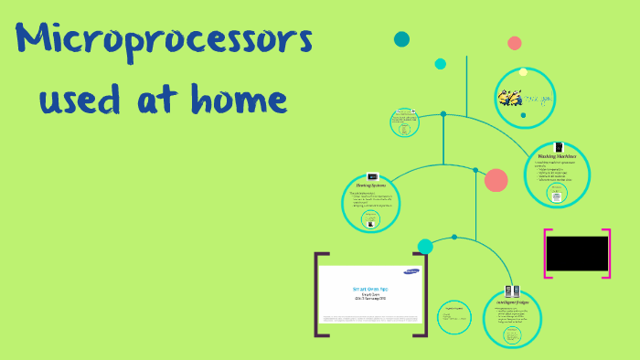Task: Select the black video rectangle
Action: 577,253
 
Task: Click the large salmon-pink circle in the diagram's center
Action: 496,180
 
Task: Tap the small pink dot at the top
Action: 515,43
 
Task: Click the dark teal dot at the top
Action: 401,39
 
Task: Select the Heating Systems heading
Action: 371,185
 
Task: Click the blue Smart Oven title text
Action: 370,288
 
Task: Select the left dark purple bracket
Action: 318,295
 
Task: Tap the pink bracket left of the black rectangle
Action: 548,253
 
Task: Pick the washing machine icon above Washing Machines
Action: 559,146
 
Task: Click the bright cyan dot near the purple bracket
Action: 425,246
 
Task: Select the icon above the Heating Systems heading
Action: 371,177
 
